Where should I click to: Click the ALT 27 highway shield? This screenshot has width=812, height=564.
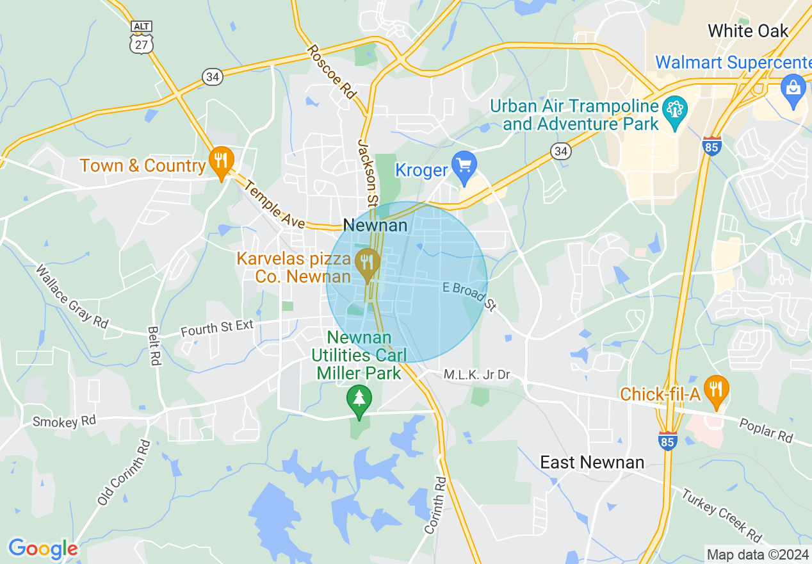[140, 37]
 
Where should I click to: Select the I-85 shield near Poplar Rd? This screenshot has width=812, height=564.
[667, 440]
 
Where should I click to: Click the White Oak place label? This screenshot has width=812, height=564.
[748, 31]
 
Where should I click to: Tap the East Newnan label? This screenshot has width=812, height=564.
[592, 462]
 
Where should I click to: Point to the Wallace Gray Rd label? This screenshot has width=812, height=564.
[72, 297]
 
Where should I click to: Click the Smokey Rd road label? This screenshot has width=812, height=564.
[64, 422]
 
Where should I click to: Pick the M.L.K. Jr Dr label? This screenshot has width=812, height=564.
[477, 374]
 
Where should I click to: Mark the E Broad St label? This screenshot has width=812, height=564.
[470, 296]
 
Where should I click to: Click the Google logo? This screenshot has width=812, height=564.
[43, 549]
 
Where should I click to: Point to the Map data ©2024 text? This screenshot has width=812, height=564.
[756, 554]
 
